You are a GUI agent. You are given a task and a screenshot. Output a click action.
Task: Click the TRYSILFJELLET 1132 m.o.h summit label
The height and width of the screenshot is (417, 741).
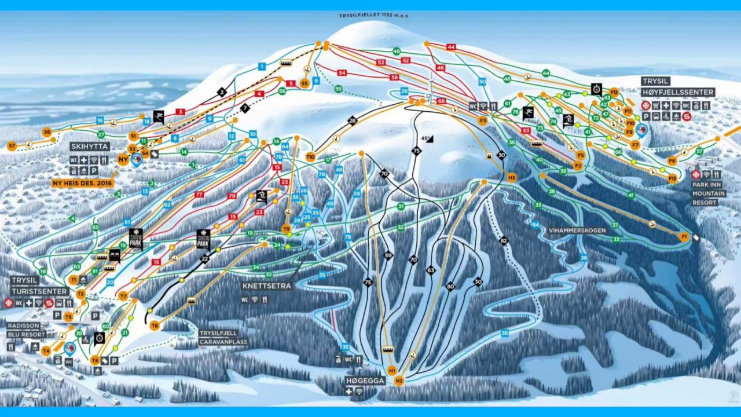coord(373,16)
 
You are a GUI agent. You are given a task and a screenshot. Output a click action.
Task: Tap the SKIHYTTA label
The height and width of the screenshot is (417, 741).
coord(90,147)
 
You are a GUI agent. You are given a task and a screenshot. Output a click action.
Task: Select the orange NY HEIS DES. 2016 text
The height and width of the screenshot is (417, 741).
coord(82,183)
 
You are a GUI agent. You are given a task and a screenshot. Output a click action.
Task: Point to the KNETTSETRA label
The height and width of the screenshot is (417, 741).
coord(267,286)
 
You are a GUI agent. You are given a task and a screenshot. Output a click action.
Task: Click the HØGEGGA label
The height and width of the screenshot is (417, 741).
coord(364,381)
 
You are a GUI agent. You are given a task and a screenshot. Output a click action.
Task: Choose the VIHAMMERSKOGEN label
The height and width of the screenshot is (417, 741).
coord(577,231)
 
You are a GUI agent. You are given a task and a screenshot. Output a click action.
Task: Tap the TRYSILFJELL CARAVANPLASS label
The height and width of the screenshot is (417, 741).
coord(223,338)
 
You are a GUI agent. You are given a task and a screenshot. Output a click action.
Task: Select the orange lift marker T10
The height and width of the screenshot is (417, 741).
coord(310,156)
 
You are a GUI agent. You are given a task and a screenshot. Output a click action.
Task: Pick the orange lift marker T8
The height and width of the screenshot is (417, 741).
coord(155,325)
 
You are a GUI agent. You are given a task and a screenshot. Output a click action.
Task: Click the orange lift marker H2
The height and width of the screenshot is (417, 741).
coord(399,381)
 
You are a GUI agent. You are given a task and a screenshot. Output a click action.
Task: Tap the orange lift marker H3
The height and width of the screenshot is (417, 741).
coord(511,178)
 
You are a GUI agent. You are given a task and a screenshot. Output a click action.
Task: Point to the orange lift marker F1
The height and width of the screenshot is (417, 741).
coord(684,237)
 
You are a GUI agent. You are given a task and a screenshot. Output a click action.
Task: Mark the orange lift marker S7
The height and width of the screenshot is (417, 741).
coord(12,146)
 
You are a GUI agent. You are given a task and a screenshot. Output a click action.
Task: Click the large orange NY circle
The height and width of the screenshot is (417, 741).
coord(123,159)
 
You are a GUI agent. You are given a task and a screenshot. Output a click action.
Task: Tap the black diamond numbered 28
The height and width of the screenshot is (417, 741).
coord(352,120)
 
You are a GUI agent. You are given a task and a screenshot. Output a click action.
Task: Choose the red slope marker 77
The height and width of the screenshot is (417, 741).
coord(200,195)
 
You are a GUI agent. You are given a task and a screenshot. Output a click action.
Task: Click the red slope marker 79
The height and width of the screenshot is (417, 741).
coord(232,196)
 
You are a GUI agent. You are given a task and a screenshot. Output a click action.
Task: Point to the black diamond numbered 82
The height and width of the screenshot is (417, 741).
coord(504,240)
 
